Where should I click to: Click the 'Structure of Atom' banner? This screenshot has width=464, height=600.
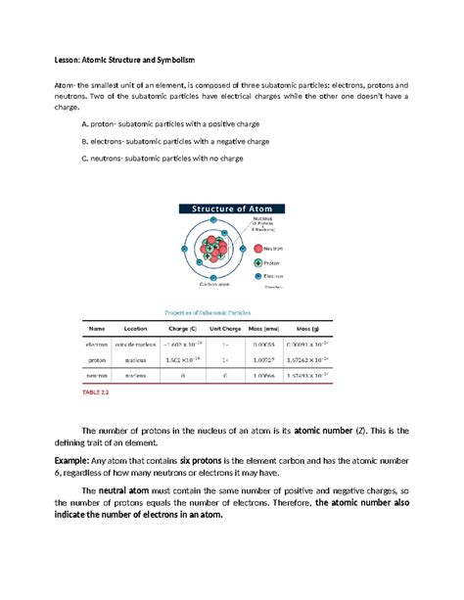pos(231,207)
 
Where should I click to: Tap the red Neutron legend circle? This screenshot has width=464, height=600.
pos(259,249)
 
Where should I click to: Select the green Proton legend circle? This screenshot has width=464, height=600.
pos(259,262)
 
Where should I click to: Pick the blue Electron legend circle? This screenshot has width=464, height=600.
pos(259,277)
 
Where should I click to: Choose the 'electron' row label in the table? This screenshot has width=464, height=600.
pos(97,345)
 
